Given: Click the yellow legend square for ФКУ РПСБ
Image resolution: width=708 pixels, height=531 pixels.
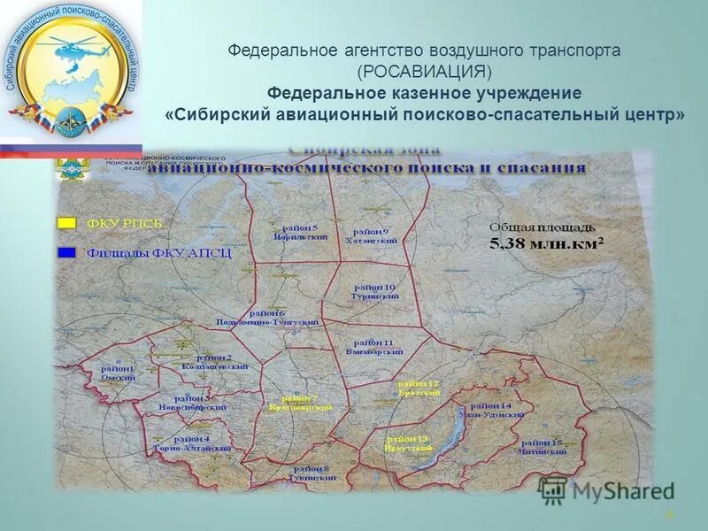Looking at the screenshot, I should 65,221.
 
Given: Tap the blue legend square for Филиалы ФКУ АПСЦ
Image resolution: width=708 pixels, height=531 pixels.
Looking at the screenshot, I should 65,252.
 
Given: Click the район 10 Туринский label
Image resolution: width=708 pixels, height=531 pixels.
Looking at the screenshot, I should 375,292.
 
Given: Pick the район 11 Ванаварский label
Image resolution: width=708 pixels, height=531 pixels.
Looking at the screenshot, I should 373,347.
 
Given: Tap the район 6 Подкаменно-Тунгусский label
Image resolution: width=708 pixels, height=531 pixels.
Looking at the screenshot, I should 267,319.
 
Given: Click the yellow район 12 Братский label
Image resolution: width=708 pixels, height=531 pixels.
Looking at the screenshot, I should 419,388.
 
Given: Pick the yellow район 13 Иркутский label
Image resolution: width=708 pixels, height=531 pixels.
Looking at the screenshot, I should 407,443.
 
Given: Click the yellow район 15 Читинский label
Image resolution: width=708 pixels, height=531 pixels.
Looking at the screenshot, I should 543,446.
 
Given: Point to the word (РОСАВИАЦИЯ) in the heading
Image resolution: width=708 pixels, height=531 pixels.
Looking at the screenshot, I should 424,72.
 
